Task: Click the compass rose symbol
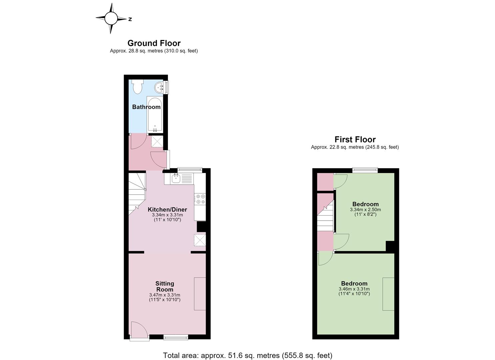pyautogui.click(x=111, y=19)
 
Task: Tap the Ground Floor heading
pyautogui.click(x=154, y=43)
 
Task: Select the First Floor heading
pyautogui.click(x=355, y=139)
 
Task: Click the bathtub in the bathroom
pyautogui.click(x=155, y=115)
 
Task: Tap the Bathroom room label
pyautogui.click(x=146, y=107)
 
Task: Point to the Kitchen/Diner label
pyautogui.click(x=167, y=209)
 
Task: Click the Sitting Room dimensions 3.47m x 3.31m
pyautogui.click(x=165, y=295)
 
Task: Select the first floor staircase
pyautogui.click(x=325, y=216)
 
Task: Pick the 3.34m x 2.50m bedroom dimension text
pyautogui.click(x=366, y=210)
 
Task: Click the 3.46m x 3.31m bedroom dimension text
pyautogui.click(x=354, y=289)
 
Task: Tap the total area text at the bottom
pyautogui.click(x=247, y=349)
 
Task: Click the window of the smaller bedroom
pyautogui.click(x=365, y=170)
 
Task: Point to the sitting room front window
pyautogui.click(x=176, y=337)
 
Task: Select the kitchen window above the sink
pyautogui.click(x=190, y=170)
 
